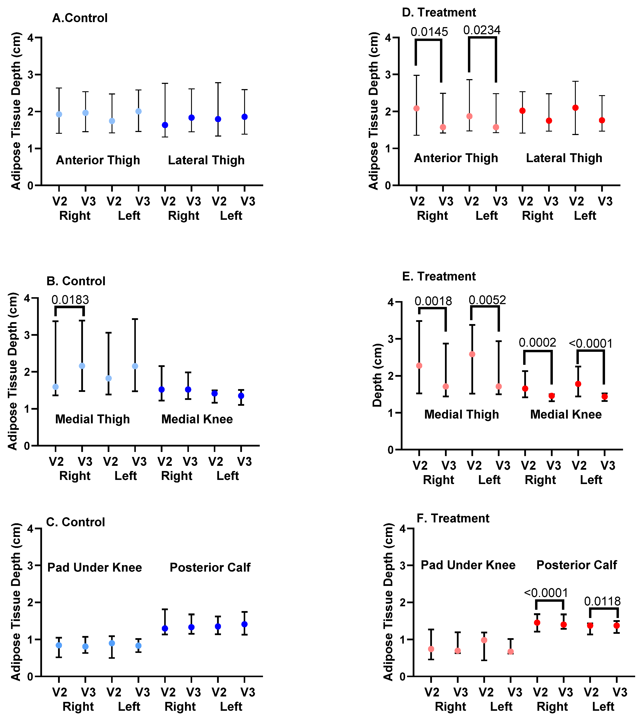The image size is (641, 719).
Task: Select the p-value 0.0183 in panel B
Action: pos(70,300)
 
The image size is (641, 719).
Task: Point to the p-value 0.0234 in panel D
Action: pos(482,30)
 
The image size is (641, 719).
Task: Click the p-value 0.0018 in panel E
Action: pos(433,301)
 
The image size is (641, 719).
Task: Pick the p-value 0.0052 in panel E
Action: pos(487,300)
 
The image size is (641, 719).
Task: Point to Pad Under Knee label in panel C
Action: pos(94,567)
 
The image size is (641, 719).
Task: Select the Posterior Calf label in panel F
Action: pos(576,565)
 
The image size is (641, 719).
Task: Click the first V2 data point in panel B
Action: pos(55,387)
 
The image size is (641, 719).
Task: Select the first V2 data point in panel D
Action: pos(416,108)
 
